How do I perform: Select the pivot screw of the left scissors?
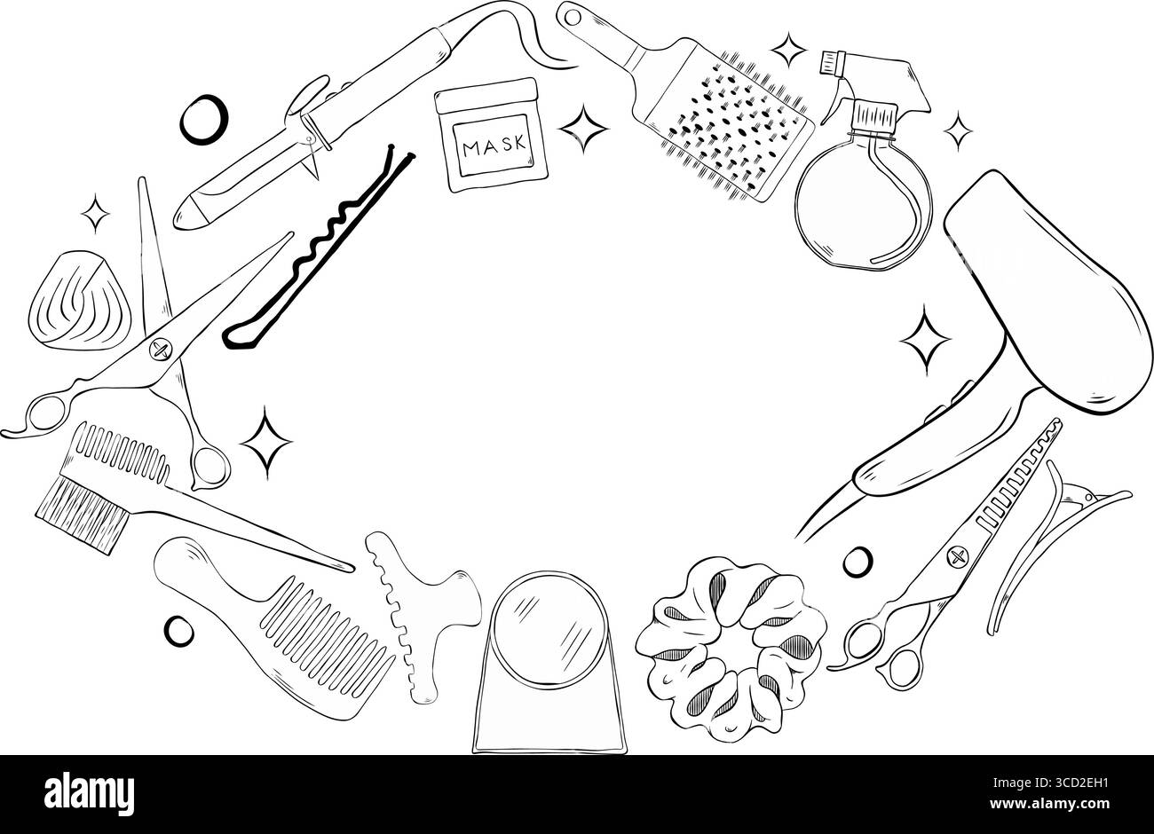tap(161, 350)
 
